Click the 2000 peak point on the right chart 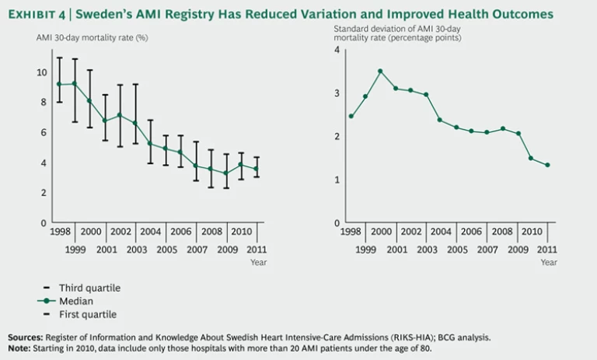tap(380, 71)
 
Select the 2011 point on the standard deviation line tap(547, 165)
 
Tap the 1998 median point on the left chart tap(59, 84)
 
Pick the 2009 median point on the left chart tap(225, 173)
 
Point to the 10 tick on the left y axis tap(42, 72)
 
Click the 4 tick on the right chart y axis tap(336, 50)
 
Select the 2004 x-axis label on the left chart tap(150, 232)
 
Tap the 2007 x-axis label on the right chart tap(487, 249)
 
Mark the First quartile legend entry tap(88, 314)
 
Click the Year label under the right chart tap(549, 263)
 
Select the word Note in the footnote tap(19, 348)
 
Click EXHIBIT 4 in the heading tap(40, 14)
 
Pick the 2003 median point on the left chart tap(134, 123)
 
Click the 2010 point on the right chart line tap(531, 158)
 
